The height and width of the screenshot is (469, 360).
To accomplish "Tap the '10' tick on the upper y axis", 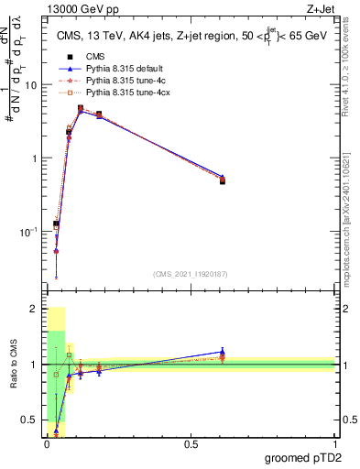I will (x=31, y=85).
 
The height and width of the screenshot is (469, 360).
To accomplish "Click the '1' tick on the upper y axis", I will (x=35, y=158).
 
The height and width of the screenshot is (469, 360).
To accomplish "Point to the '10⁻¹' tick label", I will (x=29, y=232).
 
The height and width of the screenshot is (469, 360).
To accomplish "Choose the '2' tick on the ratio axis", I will (x=35, y=310).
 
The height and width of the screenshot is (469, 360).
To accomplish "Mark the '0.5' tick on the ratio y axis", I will (x=30, y=420).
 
